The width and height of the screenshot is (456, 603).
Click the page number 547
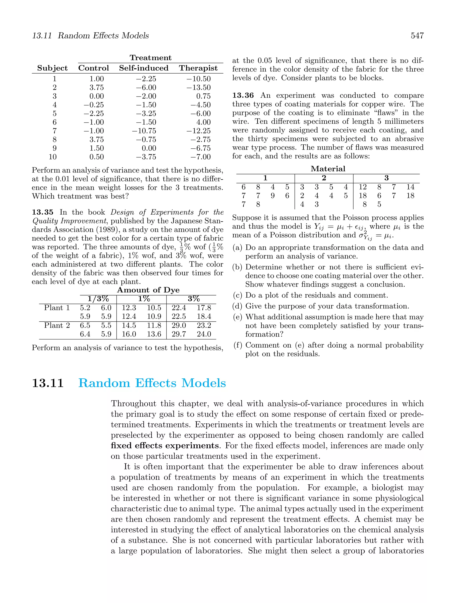tap(417, 36)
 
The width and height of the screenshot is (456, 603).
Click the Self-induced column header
tap(144, 68)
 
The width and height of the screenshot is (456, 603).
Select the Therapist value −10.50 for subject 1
tap(198, 79)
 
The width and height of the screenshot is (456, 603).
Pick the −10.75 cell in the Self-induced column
tap(144, 131)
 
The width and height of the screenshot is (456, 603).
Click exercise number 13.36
tap(243, 95)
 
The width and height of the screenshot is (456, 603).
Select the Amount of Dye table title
tap(148, 290)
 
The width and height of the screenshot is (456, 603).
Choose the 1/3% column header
tap(98, 299)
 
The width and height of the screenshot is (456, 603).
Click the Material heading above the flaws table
tap(328, 169)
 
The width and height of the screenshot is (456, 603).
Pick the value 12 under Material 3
tap(362, 187)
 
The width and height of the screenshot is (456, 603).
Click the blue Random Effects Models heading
tap(152, 383)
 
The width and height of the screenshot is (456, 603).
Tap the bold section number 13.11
tap(48, 383)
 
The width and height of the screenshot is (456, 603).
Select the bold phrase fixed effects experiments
tap(165, 446)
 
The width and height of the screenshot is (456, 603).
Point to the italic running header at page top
tap(90, 36)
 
